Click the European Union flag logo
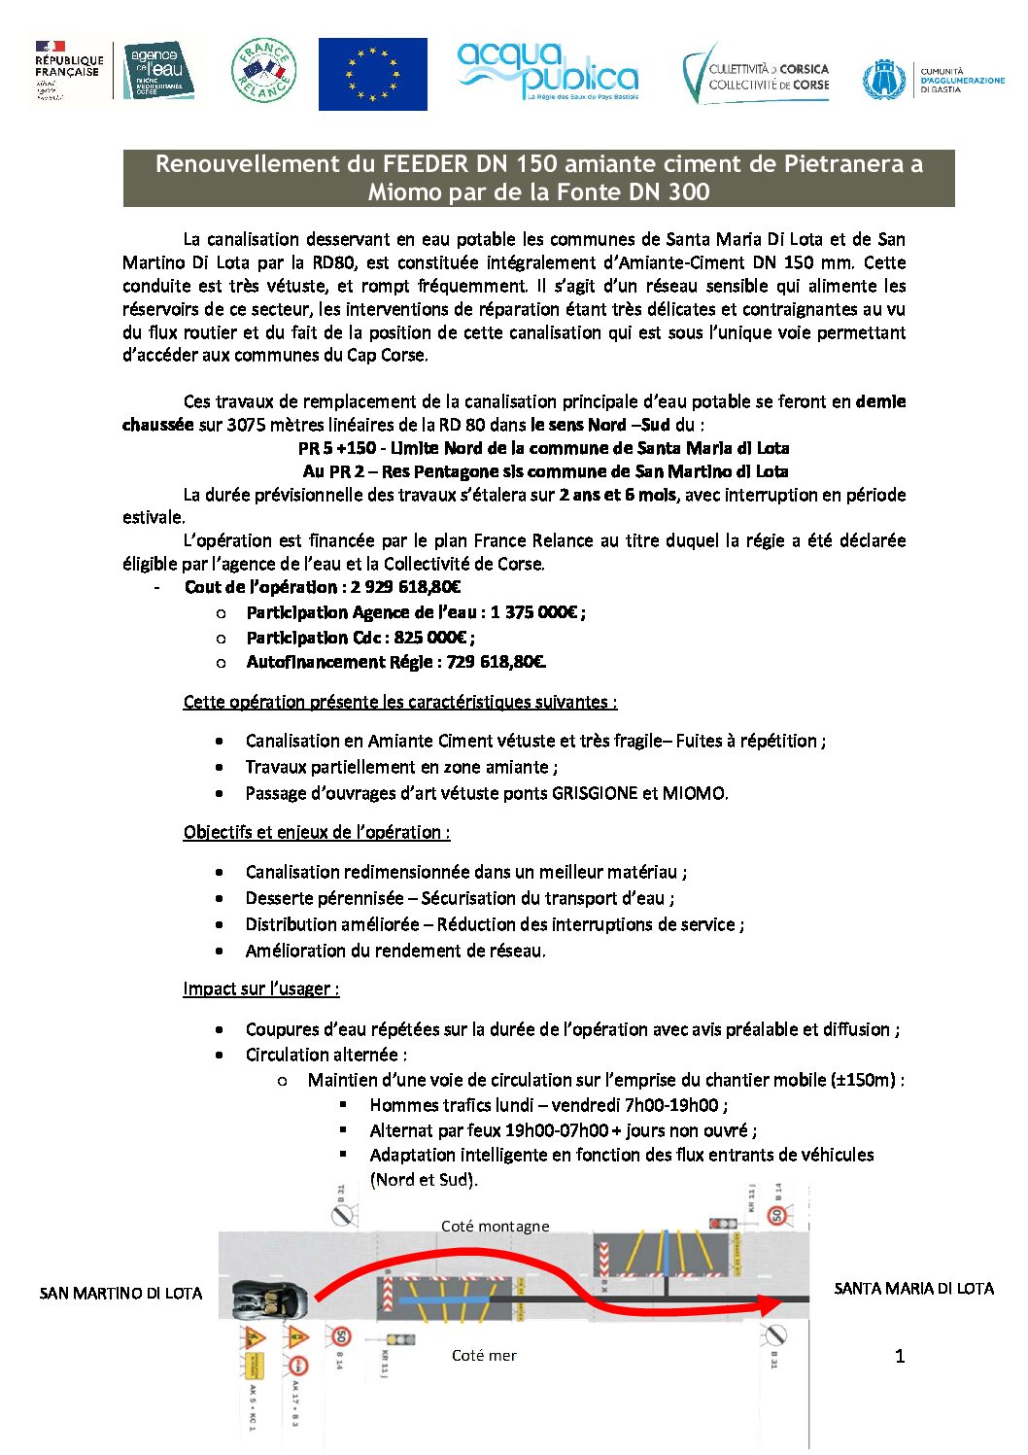[372, 74]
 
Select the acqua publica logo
[547, 71]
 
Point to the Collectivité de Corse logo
[757, 75]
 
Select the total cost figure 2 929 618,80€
[405, 587]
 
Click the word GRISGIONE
[594, 793]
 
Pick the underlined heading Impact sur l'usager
[260, 988]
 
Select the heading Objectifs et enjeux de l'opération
[316, 832]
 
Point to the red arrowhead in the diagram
[774, 1305]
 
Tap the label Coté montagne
[495, 1227]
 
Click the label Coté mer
[484, 1355]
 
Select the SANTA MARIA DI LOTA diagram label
[913, 1289]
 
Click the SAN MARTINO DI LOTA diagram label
[120, 1294]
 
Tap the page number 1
[900, 1356]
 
